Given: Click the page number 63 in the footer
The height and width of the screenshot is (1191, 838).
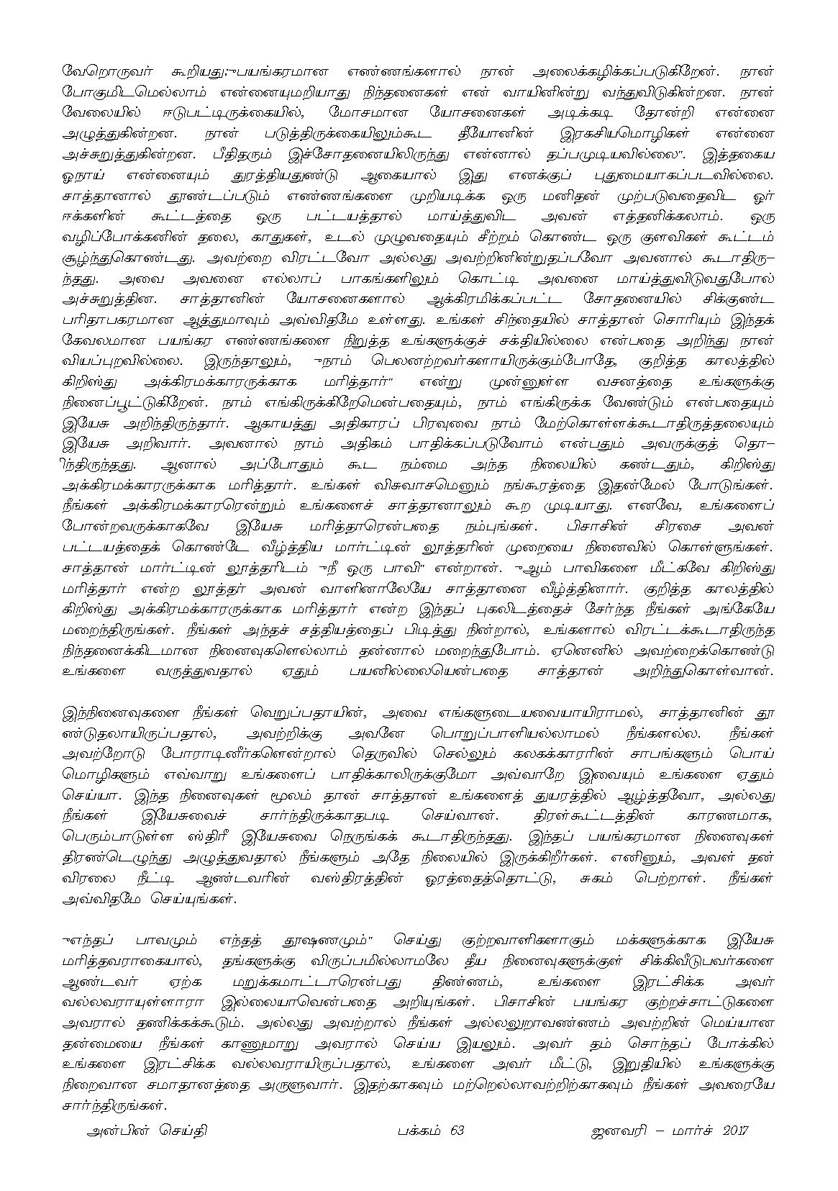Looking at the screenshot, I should [455, 1130].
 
